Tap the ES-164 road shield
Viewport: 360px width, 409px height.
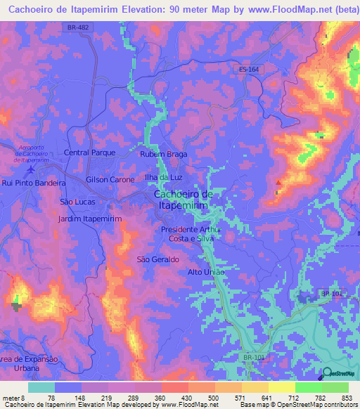(x=248, y=69)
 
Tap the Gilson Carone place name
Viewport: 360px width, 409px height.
(x=110, y=180)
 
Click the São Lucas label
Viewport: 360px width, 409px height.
(x=77, y=202)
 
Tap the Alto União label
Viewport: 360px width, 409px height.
(x=206, y=272)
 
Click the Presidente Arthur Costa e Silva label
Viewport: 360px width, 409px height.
(x=191, y=234)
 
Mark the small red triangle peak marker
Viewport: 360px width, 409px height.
(x=278, y=183)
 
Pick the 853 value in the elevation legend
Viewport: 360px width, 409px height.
(x=347, y=398)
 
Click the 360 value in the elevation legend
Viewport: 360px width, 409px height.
(x=160, y=398)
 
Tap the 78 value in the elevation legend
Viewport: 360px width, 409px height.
(x=53, y=398)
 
